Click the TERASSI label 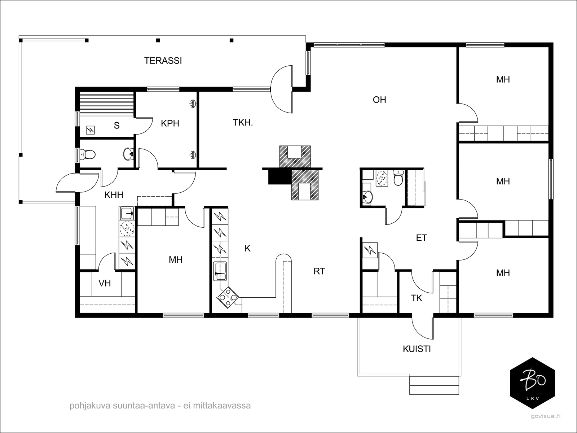pos(163,61)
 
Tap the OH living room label pos(379,100)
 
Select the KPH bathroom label pos(170,123)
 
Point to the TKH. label pos(243,123)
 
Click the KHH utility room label pos(114,195)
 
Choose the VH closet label pos(105,283)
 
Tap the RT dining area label pos(319,271)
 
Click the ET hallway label pos(421,238)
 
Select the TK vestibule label pos(417,298)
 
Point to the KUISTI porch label pos(417,349)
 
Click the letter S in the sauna pos(117,126)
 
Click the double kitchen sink pos(220,271)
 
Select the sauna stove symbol pos(91,130)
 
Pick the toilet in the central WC pos(398,178)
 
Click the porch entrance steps pos(434,385)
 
